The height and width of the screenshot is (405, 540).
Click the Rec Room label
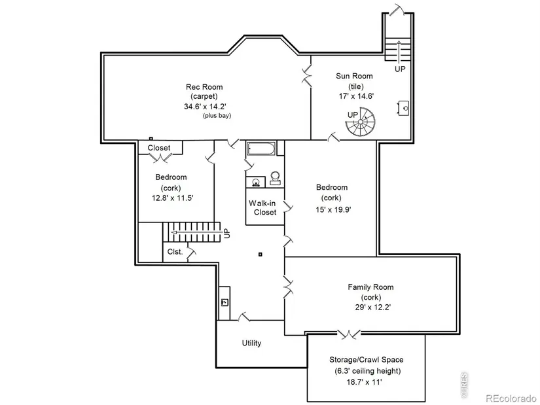pos(204,87)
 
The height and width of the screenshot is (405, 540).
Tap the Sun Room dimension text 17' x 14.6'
pos(356,96)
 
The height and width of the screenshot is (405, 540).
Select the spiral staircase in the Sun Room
pos(361,122)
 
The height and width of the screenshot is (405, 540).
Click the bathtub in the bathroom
pos(261,149)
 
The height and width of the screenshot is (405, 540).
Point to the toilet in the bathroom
pos(275,178)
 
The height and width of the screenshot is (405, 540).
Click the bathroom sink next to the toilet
pos(255,182)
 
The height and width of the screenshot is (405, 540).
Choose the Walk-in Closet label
pos(262,207)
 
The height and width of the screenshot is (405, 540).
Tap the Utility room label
pos(251,343)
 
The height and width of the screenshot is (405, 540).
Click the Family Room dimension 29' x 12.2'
pos(372,308)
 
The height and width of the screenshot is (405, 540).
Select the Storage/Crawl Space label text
pos(366,360)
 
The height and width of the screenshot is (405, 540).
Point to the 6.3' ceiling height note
pos(367,371)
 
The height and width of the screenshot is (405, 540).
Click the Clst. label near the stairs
pos(175,252)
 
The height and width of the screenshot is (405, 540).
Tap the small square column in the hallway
pos(261,255)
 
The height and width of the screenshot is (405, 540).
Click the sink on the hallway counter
pos(225,302)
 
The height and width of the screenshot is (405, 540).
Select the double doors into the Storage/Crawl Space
pos(348,334)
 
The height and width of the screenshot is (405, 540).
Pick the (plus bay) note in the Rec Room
pos(217,116)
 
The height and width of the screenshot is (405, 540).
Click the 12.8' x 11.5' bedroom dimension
pos(172,198)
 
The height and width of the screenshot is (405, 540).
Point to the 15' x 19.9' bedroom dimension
pos(333,209)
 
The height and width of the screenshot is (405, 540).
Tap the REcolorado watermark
pos(511,398)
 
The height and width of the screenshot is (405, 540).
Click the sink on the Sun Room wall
pos(404,108)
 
